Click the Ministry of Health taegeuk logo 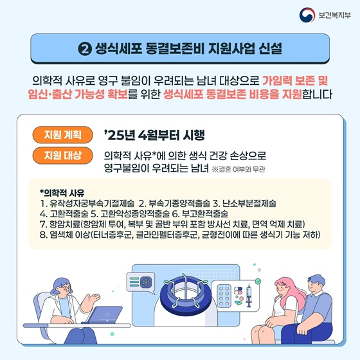click(307, 15)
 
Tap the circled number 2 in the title click(85, 49)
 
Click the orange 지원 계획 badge click(63, 135)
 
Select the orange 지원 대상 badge click(63, 156)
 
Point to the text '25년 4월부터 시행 click(154, 135)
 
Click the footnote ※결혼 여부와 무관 click(239, 170)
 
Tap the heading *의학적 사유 click(62, 193)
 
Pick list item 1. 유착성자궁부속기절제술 click(87, 203)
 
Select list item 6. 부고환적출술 click(200, 213)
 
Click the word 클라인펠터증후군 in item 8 click(166, 235)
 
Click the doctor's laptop click(104, 315)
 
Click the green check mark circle click(258, 281)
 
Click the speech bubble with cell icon click(141, 283)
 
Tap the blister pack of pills click(224, 296)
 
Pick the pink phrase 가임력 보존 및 click(295, 80)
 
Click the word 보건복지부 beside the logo click(334, 15)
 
